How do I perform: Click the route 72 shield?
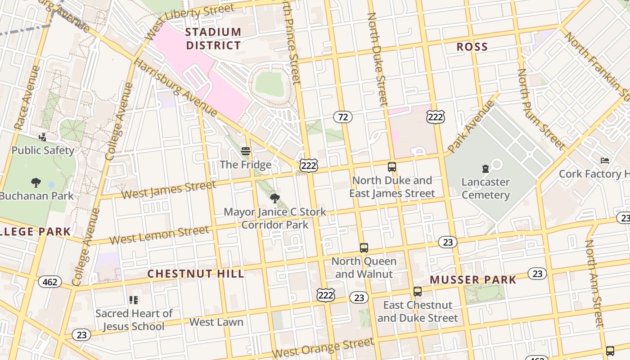pyautogui.click(x=343, y=117)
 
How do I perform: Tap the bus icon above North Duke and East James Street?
pyautogui.click(x=392, y=167)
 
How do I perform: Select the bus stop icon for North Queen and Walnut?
pyautogui.click(x=364, y=248)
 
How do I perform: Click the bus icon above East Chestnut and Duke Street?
pyautogui.click(x=418, y=292)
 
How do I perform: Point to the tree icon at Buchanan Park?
pyautogui.click(x=36, y=183)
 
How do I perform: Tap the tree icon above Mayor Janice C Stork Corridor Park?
pyautogui.click(x=274, y=198)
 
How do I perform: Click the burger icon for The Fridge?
pyautogui.click(x=245, y=151)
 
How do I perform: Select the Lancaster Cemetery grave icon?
pyautogui.click(x=485, y=169)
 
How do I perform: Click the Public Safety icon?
pyautogui.click(x=43, y=137)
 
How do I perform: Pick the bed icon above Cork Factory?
pyautogui.click(x=605, y=161)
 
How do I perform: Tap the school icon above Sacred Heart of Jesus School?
pyautogui.click(x=134, y=300)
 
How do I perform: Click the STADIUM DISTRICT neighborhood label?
pyautogui.click(x=213, y=39)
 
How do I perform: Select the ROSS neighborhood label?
pyautogui.click(x=472, y=47)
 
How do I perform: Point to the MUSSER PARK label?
pyautogui.click(x=473, y=280)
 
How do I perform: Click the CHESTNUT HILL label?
pyautogui.click(x=196, y=274)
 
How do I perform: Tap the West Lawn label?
pyautogui.click(x=216, y=322)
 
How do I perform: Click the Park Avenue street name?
pyautogui.click(x=471, y=127)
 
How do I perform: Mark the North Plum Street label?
pyautogui.click(x=540, y=109)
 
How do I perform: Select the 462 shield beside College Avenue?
pyautogui.click(x=50, y=282)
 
